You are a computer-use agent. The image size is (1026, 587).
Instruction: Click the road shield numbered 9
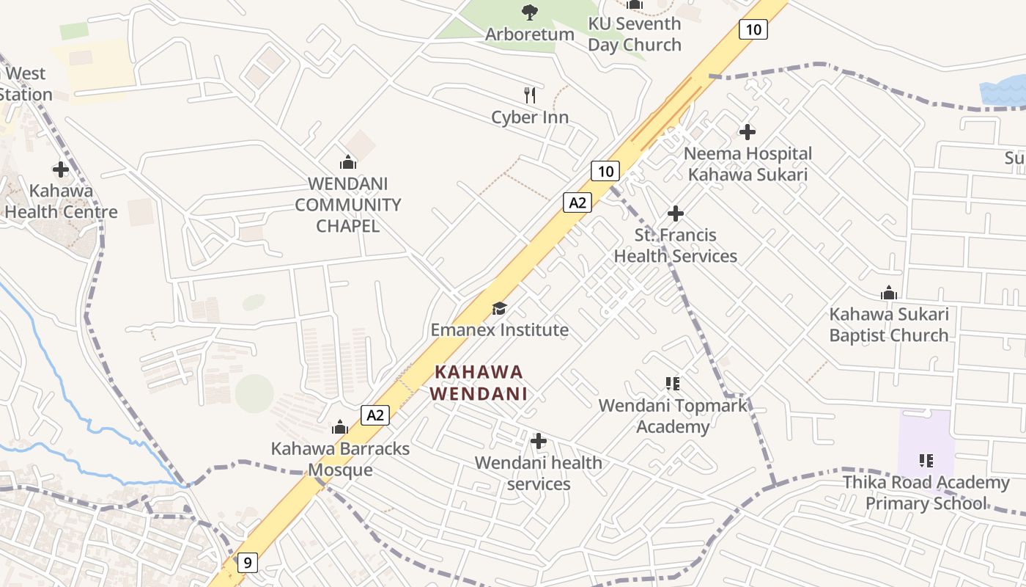click(x=248, y=563)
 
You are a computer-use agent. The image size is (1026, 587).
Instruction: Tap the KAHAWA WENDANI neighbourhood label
click(x=478, y=382)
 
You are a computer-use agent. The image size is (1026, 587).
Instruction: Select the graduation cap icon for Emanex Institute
click(x=499, y=308)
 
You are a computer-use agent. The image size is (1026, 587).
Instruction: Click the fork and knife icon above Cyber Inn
click(x=531, y=95)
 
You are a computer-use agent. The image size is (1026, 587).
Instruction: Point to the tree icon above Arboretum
click(x=529, y=12)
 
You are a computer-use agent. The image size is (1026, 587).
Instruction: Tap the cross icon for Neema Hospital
click(x=748, y=132)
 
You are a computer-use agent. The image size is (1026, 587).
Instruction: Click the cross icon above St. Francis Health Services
click(x=676, y=214)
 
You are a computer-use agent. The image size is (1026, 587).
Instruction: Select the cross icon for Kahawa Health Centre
click(x=61, y=169)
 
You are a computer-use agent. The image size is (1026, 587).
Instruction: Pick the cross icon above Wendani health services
click(x=539, y=441)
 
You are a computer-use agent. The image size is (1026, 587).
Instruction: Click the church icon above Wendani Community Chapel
click(x=348, y=161)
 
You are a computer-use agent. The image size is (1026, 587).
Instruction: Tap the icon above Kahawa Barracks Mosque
click(x=340, y=427)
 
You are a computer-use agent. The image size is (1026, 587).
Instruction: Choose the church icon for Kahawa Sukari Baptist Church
click(x=889, y=293)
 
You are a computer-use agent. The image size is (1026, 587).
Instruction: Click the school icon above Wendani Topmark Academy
click(x=673, y=384)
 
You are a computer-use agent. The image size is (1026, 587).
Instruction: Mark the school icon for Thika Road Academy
click(x=926, y=461)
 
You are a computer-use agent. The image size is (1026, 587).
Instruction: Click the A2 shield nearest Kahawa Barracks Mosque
click(x=375, y=415)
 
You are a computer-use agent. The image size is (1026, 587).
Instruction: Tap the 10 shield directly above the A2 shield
click(x=605, y=172)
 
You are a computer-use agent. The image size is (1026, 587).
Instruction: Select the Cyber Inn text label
click(x=530, y=117)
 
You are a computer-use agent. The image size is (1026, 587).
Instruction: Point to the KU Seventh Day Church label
click(x=634, y=34)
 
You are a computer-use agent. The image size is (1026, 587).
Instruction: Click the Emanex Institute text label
click(x=499, y=330)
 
